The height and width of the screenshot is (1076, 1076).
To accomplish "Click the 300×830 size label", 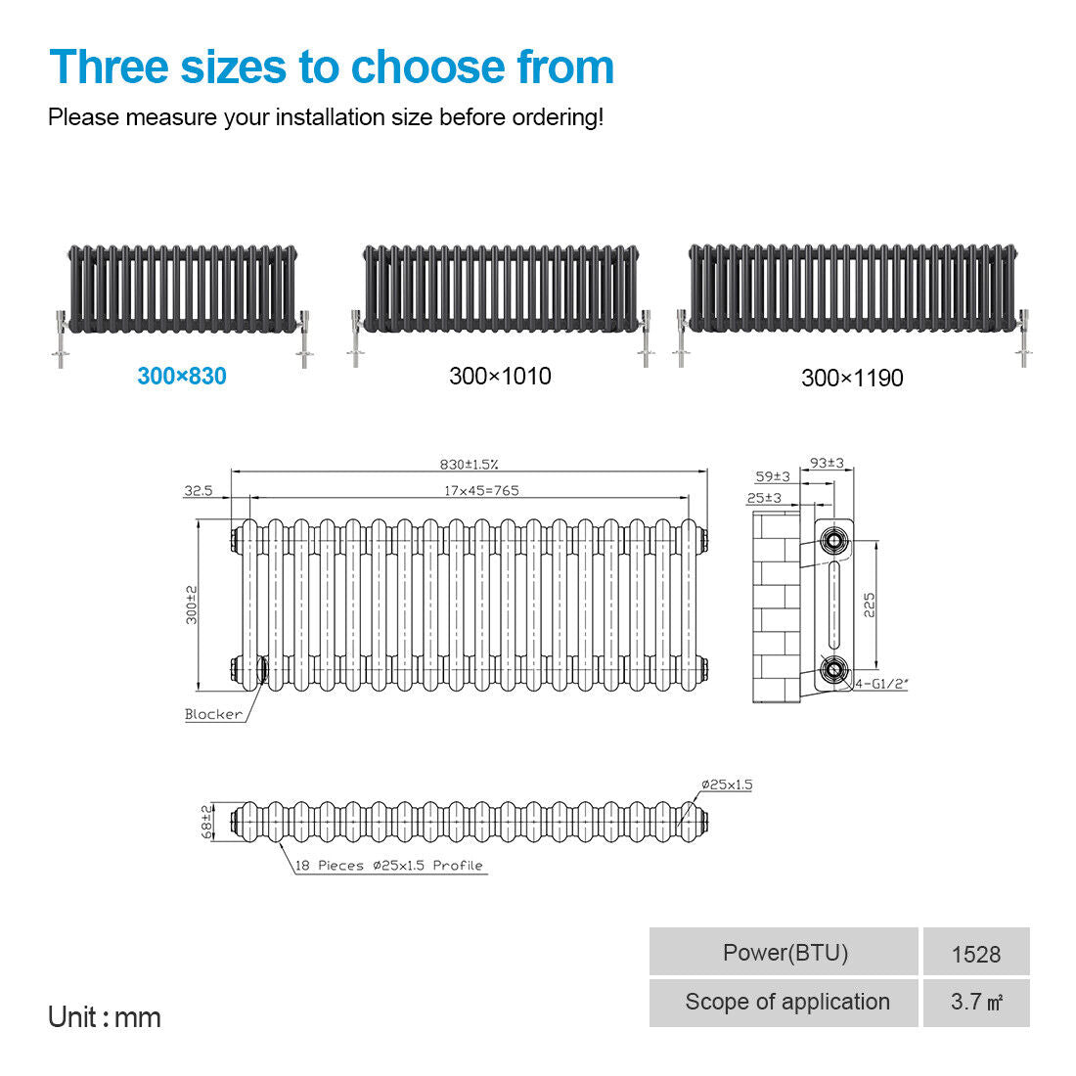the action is pyautogui.click(x=182, y=376).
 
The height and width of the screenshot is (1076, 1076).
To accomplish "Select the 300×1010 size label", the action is pyautogui.click(x=500, y=376).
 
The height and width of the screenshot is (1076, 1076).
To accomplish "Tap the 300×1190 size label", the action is pyautogui.click(x=852, y=379).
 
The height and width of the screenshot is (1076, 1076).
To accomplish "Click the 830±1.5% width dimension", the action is pyautogui.click(x=469, y=465).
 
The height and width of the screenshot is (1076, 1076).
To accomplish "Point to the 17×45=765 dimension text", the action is pyautogui.click(x=481, y=491).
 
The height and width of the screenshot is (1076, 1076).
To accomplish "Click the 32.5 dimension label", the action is pyautogui.click(x=199, y=491).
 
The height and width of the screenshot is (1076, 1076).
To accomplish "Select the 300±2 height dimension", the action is pyautogui.click(x=192, y=605).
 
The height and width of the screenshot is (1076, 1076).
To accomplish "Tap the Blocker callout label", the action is pyautogui.click(x=213, y=714).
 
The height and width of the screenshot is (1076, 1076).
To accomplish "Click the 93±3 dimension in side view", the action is pyautogui.click(x=827, y=464).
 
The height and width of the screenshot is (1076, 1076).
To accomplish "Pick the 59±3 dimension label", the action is pyautogui.click(x=773, y=476).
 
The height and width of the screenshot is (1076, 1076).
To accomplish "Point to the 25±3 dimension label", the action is pyautogui.click(x=765, y=498).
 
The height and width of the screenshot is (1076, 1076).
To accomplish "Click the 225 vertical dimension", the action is pyautogui.click(x=870, y=605).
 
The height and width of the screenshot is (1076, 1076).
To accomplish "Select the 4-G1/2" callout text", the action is pyautogui.click(x=881, y=684).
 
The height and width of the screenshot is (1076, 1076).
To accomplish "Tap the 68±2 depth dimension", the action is pyautogui.click(x=206, y=822).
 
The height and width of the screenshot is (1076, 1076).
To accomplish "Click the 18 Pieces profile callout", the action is pyautogui.click(x=389, y=866).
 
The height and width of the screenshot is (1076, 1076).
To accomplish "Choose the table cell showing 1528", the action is pyautogui.click(x=976, y=953).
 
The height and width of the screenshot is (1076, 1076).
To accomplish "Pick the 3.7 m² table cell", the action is pyautogui.click(x=976, y=1003).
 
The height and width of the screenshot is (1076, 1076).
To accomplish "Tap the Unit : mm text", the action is pyautogui.click(x=105, y=1017).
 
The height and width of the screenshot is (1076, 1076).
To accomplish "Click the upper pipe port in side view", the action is pyautogui.click(x=833, y=540).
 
